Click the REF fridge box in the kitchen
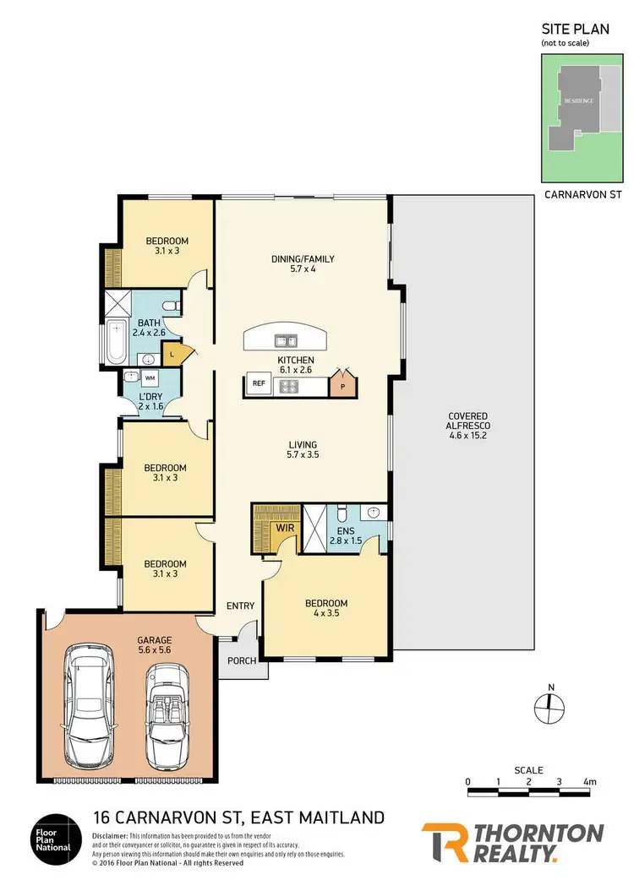258,384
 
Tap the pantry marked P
342,384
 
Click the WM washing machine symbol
150,378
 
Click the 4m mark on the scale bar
589,782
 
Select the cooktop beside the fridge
290,385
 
